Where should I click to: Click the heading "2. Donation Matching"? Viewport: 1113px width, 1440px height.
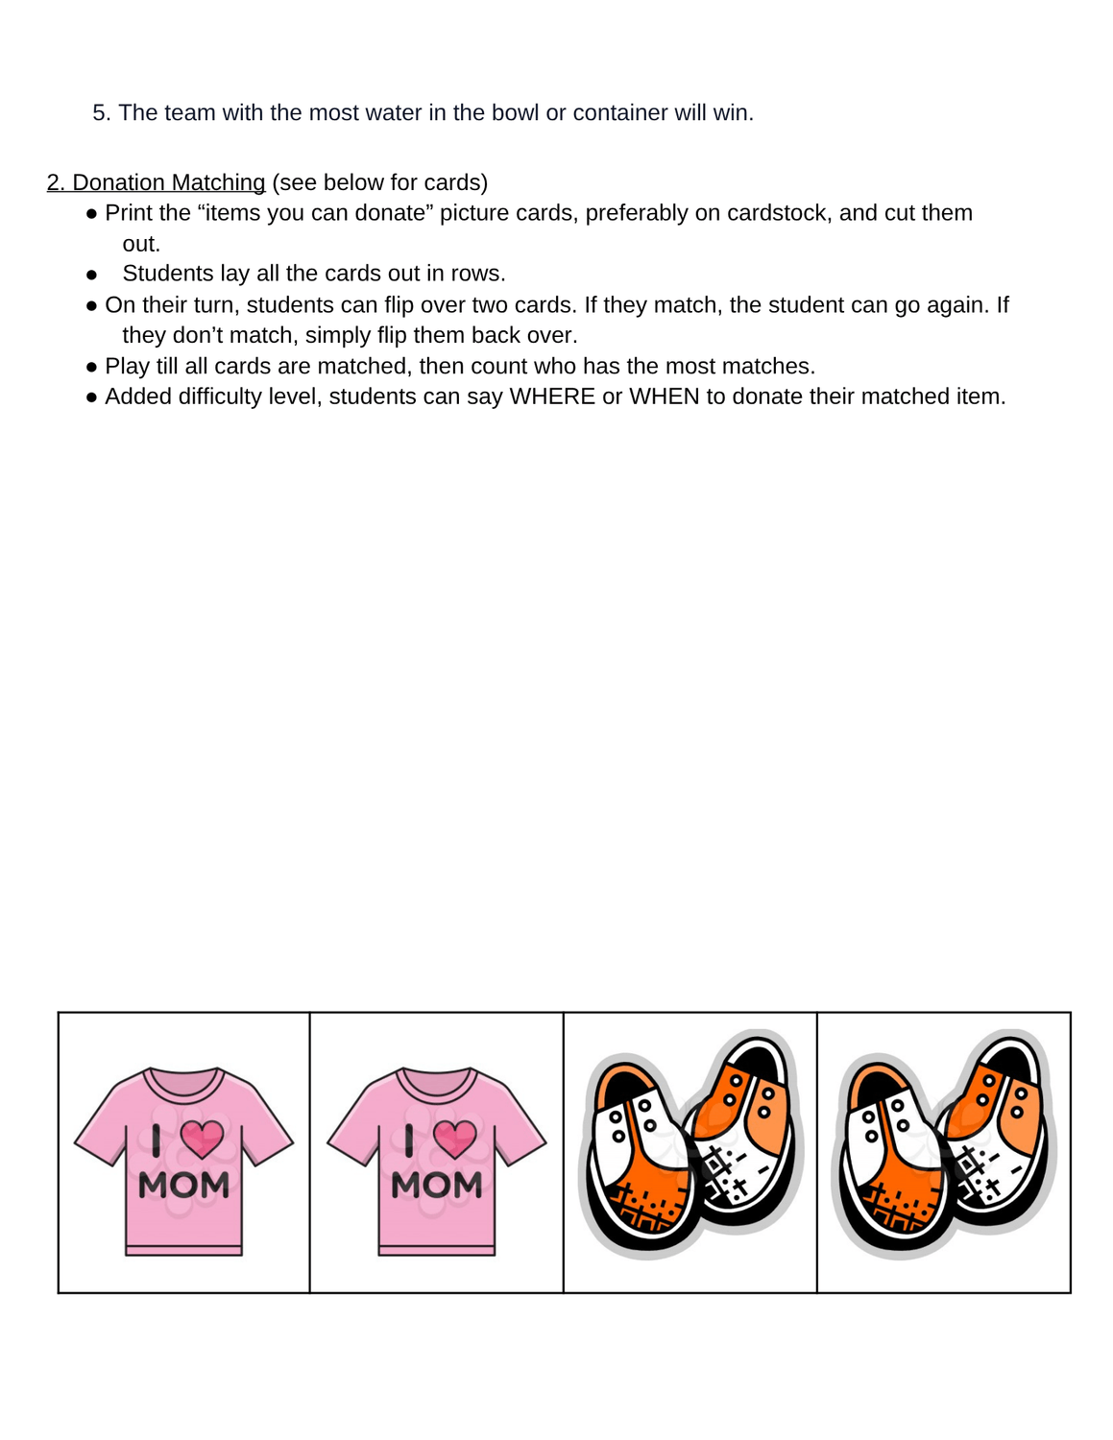coord(156,182)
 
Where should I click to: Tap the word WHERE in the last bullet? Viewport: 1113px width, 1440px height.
coord(552,396)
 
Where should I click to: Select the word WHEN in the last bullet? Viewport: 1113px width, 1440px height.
coord(664,396)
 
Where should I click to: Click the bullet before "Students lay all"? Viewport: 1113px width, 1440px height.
coord(92,275)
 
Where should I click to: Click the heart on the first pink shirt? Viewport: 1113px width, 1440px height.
coord(202,1139)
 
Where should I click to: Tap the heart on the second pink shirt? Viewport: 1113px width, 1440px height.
coord(455,1139)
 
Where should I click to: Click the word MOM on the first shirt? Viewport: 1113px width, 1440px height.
coord(183,1186)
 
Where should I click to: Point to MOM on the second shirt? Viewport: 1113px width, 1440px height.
coord(437,1186)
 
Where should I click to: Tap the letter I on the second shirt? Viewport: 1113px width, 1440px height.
coord(410,1140)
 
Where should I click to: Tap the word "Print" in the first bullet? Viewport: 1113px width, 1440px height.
coord(131,213)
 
